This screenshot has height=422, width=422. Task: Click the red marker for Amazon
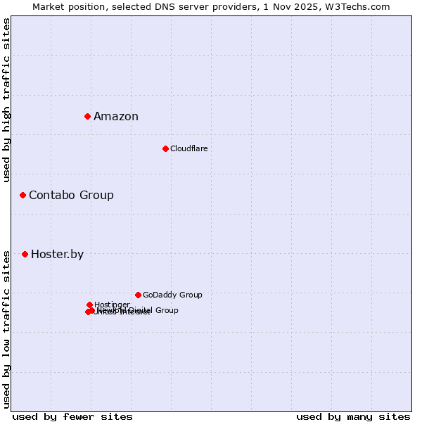click(87, 116)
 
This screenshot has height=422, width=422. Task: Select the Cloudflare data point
click(165, 148)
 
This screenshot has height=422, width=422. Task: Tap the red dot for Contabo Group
click(23, 195)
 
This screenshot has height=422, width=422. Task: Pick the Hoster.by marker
click(25, 254)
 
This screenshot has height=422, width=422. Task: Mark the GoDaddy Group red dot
click(138, 295)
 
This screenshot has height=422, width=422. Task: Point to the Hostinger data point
click(89, 305)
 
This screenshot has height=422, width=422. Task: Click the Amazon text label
click(116, 117)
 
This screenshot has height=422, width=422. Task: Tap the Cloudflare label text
click(188, 148)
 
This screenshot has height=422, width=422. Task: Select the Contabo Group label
click(71, 196)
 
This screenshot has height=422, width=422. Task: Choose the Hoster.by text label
click(57, 255)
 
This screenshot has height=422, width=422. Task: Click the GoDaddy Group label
click(172, 295)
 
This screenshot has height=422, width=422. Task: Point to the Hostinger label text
click(112, 305)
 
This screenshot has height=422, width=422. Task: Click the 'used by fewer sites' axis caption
click(72, 417)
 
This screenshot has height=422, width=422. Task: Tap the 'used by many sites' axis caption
click(353, 417)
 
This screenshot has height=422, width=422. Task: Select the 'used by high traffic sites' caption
click(7, 100)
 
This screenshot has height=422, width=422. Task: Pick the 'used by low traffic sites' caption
click(7, 328)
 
